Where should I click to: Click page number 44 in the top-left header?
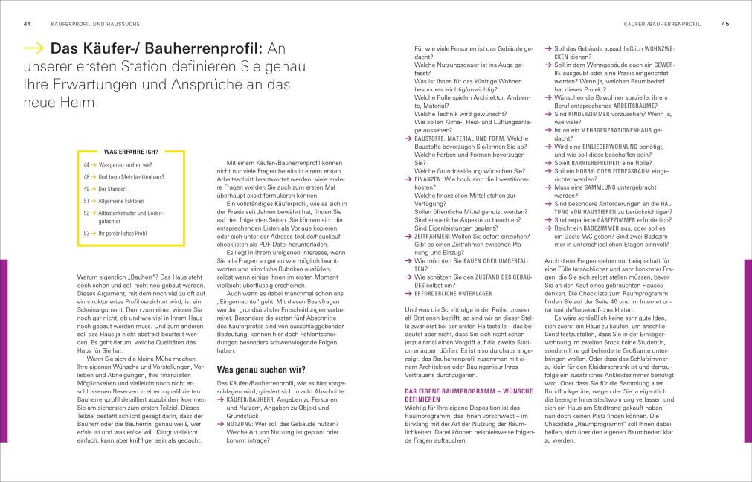point(27,24)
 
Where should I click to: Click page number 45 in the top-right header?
point(725,24)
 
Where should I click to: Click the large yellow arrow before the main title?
point(33,50)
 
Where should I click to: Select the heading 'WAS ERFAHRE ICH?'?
point(130,151)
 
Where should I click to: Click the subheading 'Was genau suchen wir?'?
point(260,369)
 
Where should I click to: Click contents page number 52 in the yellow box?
point(87,213)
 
